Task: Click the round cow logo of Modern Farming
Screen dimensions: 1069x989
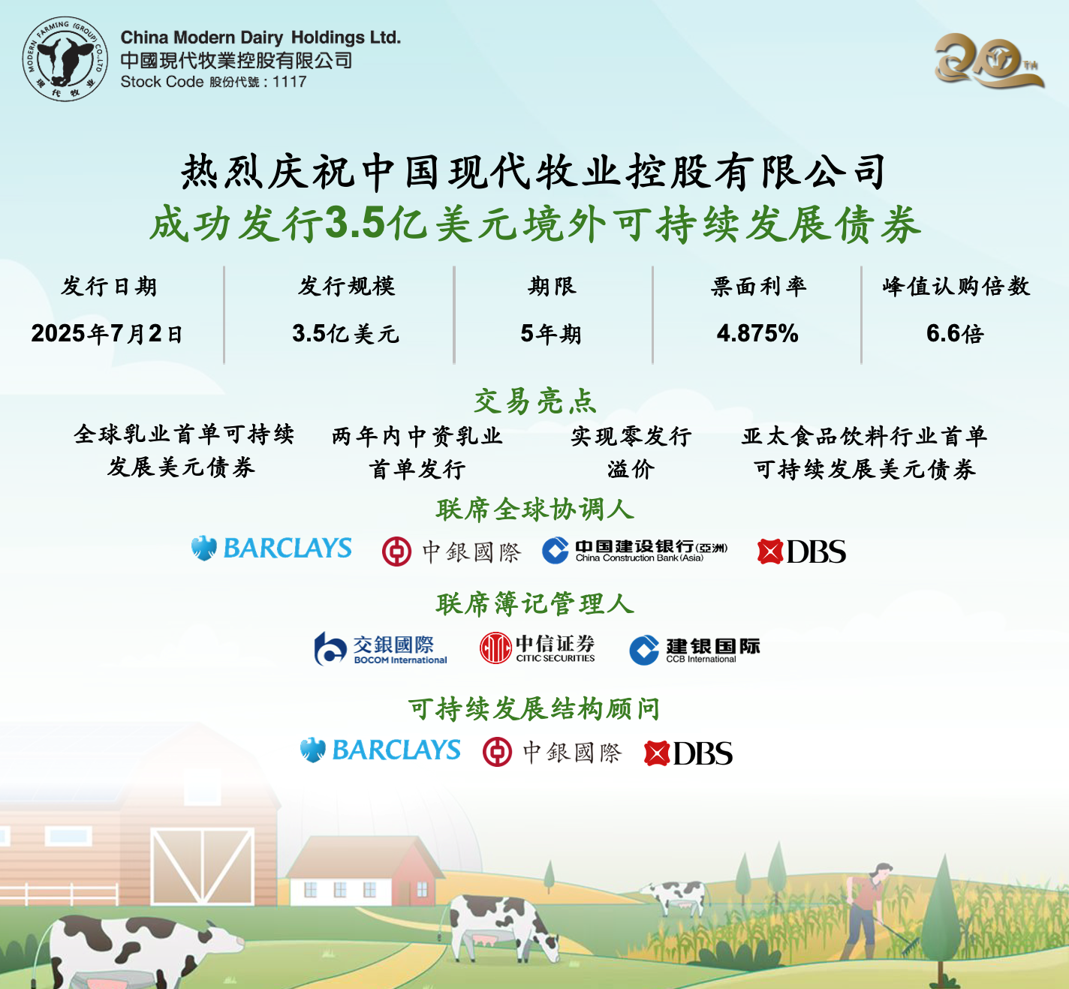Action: [x=65, y=59]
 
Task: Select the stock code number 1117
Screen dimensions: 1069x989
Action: [x=290, y=82]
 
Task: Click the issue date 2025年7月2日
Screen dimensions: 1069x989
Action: [x=107, y=334]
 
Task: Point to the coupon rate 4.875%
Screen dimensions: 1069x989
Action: [x=757, y=334]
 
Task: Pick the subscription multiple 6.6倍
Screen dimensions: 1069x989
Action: [x=955, y=334]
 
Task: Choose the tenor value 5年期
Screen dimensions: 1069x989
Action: [x=551, y=334]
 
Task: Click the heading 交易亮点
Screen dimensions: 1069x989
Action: [x=534, y=401]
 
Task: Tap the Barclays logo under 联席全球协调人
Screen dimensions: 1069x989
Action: [x=271, y=549]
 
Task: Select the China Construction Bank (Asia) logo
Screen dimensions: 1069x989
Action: [x=634, y=551]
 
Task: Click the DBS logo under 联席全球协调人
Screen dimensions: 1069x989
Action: [x=802, y=552]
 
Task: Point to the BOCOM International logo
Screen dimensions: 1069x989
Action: [x=381, y=648]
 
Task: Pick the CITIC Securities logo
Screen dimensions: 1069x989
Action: [x=538, y=648]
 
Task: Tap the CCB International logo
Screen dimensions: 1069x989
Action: [x=694, y=650]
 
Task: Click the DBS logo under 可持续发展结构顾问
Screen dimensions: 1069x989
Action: [x=688, y=753]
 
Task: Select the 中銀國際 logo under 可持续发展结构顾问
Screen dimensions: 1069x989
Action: [x=553, y=752]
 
